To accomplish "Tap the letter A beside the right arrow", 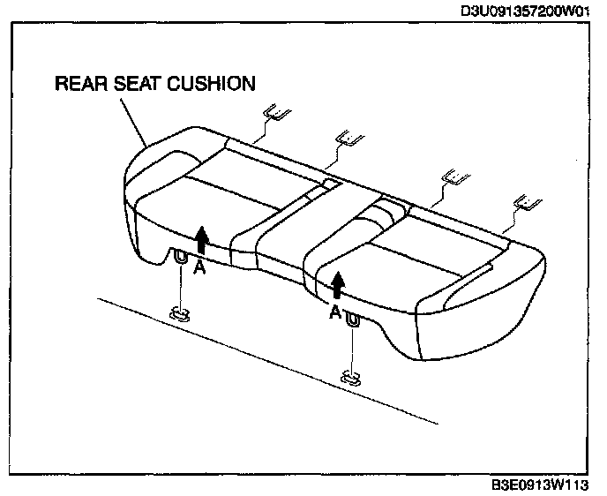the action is coord(334,312).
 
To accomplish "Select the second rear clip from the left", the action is coord(349,137).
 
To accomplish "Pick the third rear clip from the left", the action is coord(455,176).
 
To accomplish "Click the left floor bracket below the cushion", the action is coord(180,313).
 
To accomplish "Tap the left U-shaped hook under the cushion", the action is coord(180,259).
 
